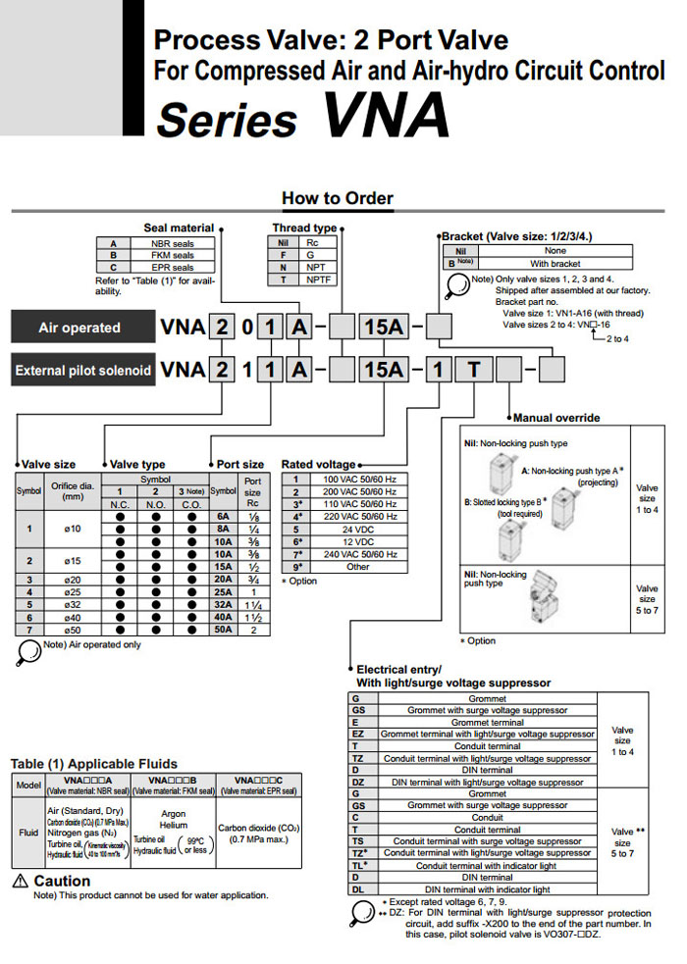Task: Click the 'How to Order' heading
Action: [337, 198]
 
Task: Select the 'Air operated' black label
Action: [79, 328]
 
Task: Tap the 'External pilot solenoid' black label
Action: [83, 371]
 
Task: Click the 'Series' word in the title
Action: [227, 121]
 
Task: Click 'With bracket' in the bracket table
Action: [555, 263]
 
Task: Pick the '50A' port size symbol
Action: [223, 630]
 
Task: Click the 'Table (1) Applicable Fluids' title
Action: [94, 763]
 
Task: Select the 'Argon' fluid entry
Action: [174, 813]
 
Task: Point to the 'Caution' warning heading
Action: [62, 881]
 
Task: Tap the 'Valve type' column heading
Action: [137, 464]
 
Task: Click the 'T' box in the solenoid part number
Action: [475, 370]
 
